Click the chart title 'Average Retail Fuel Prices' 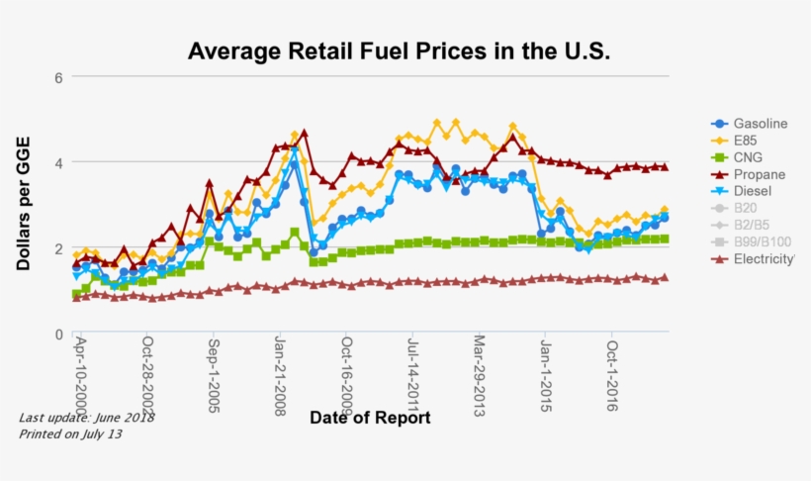click(399, 50)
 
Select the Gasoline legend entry click(760, 124)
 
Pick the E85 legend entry click(747, 141)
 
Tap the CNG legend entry click(749, 157)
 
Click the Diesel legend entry click(752, 191)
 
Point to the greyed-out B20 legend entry click(748, 208)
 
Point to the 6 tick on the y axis click(58, 77)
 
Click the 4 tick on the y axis click(58, 162)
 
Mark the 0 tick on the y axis click(58, 335)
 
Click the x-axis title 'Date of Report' click(370, 418)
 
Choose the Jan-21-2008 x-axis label click(281, 377)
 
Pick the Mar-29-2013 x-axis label click(480, 376)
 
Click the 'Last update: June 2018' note click(86, 418)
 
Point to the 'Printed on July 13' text click(72, 433)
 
